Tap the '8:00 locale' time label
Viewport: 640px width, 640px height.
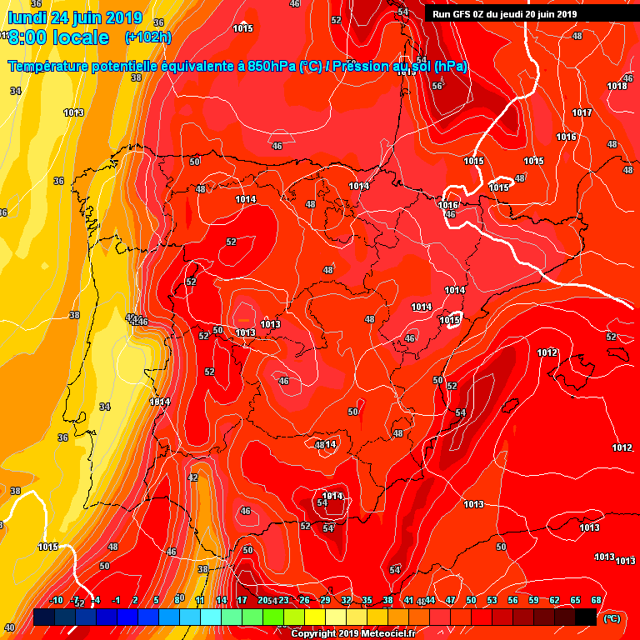58,37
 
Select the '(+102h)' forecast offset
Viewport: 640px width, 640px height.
147,37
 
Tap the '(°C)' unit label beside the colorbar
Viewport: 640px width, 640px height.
612,618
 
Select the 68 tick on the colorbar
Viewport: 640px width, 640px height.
596,600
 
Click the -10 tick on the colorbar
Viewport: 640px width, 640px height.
56,600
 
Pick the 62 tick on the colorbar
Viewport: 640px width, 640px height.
554,600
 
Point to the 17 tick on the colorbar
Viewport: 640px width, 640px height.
242,600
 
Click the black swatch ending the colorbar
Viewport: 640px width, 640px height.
586,617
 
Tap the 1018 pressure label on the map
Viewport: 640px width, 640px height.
617,86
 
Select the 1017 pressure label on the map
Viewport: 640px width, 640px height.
582,112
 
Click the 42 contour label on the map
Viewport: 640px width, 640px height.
193,477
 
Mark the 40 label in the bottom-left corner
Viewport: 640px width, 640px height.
9,627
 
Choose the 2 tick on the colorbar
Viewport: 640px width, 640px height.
136,600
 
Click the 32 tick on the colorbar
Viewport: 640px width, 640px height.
346,600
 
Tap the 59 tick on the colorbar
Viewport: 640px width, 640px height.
533,600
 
